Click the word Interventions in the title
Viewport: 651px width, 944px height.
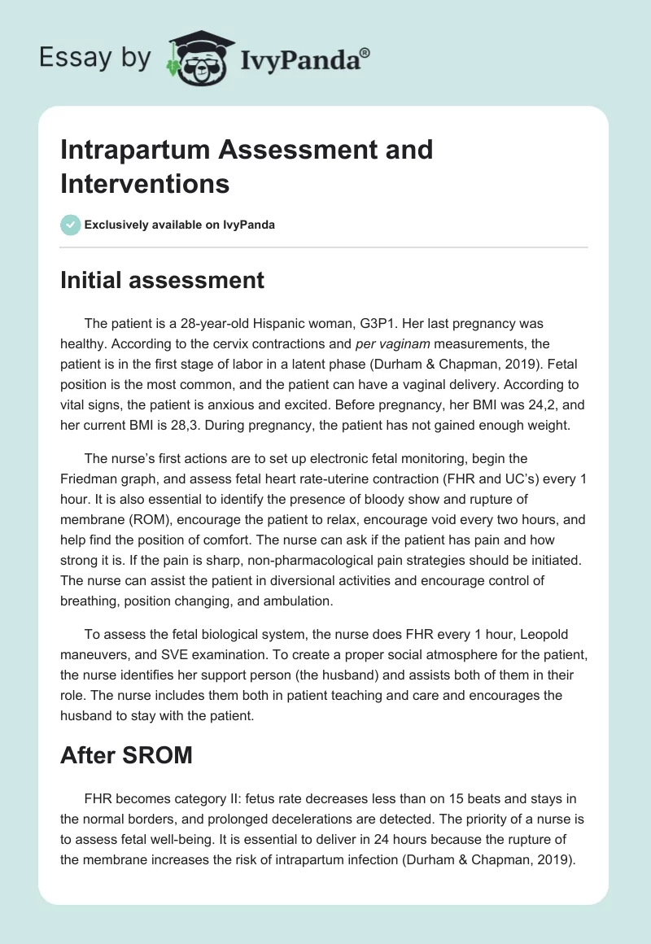(x=145, y=183)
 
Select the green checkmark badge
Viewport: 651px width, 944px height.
(x=70, y=225)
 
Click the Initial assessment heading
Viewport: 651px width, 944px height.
(x=162, y=280)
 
